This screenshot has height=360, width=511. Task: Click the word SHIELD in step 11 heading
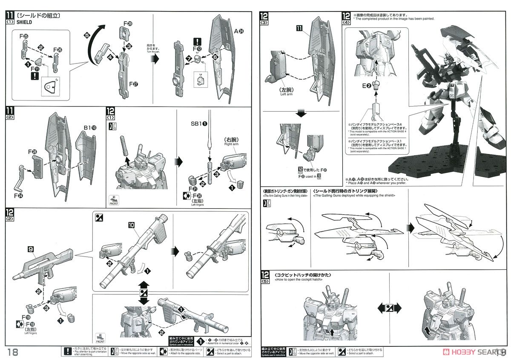tap(25, 23)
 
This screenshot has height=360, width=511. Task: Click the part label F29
tap(128, 23)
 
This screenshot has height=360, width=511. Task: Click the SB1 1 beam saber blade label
tap(199, 124)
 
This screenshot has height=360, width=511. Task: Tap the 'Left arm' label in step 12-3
tap(287, 95)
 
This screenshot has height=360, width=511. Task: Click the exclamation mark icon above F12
tap(198, 42)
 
